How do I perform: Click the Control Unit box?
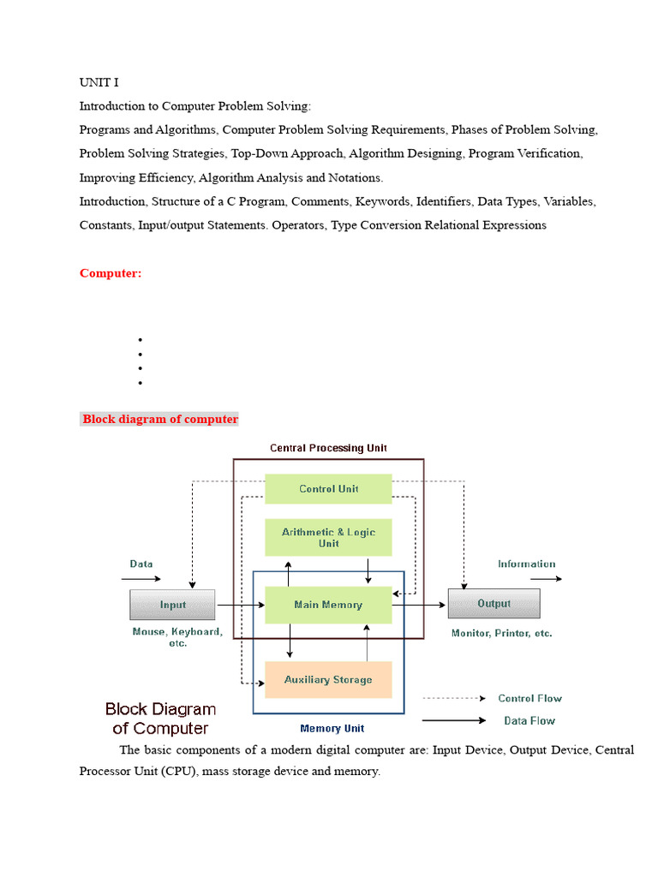(328, 489)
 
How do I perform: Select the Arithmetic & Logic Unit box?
(328, 538)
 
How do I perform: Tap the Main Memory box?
(328, 605)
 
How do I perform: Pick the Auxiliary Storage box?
(328, 679)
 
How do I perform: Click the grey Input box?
(172, 605)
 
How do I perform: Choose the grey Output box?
(493, 604)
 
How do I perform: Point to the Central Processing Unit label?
(328, 448)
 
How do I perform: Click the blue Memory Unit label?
(332, 729)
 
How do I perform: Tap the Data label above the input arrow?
(141, 564)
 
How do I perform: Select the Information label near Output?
(526, 564)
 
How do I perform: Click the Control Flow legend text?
(530, 698)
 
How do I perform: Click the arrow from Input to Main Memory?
(240, 605)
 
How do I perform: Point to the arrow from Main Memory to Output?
(420, 605)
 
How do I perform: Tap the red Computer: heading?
(111, 273)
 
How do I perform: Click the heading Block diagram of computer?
(160, 419)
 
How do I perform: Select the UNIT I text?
(99, 82)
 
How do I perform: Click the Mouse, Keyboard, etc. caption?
(177, 637)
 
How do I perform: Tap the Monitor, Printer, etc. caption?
(501, 634)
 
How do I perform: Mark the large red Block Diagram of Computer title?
(160, 719)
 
